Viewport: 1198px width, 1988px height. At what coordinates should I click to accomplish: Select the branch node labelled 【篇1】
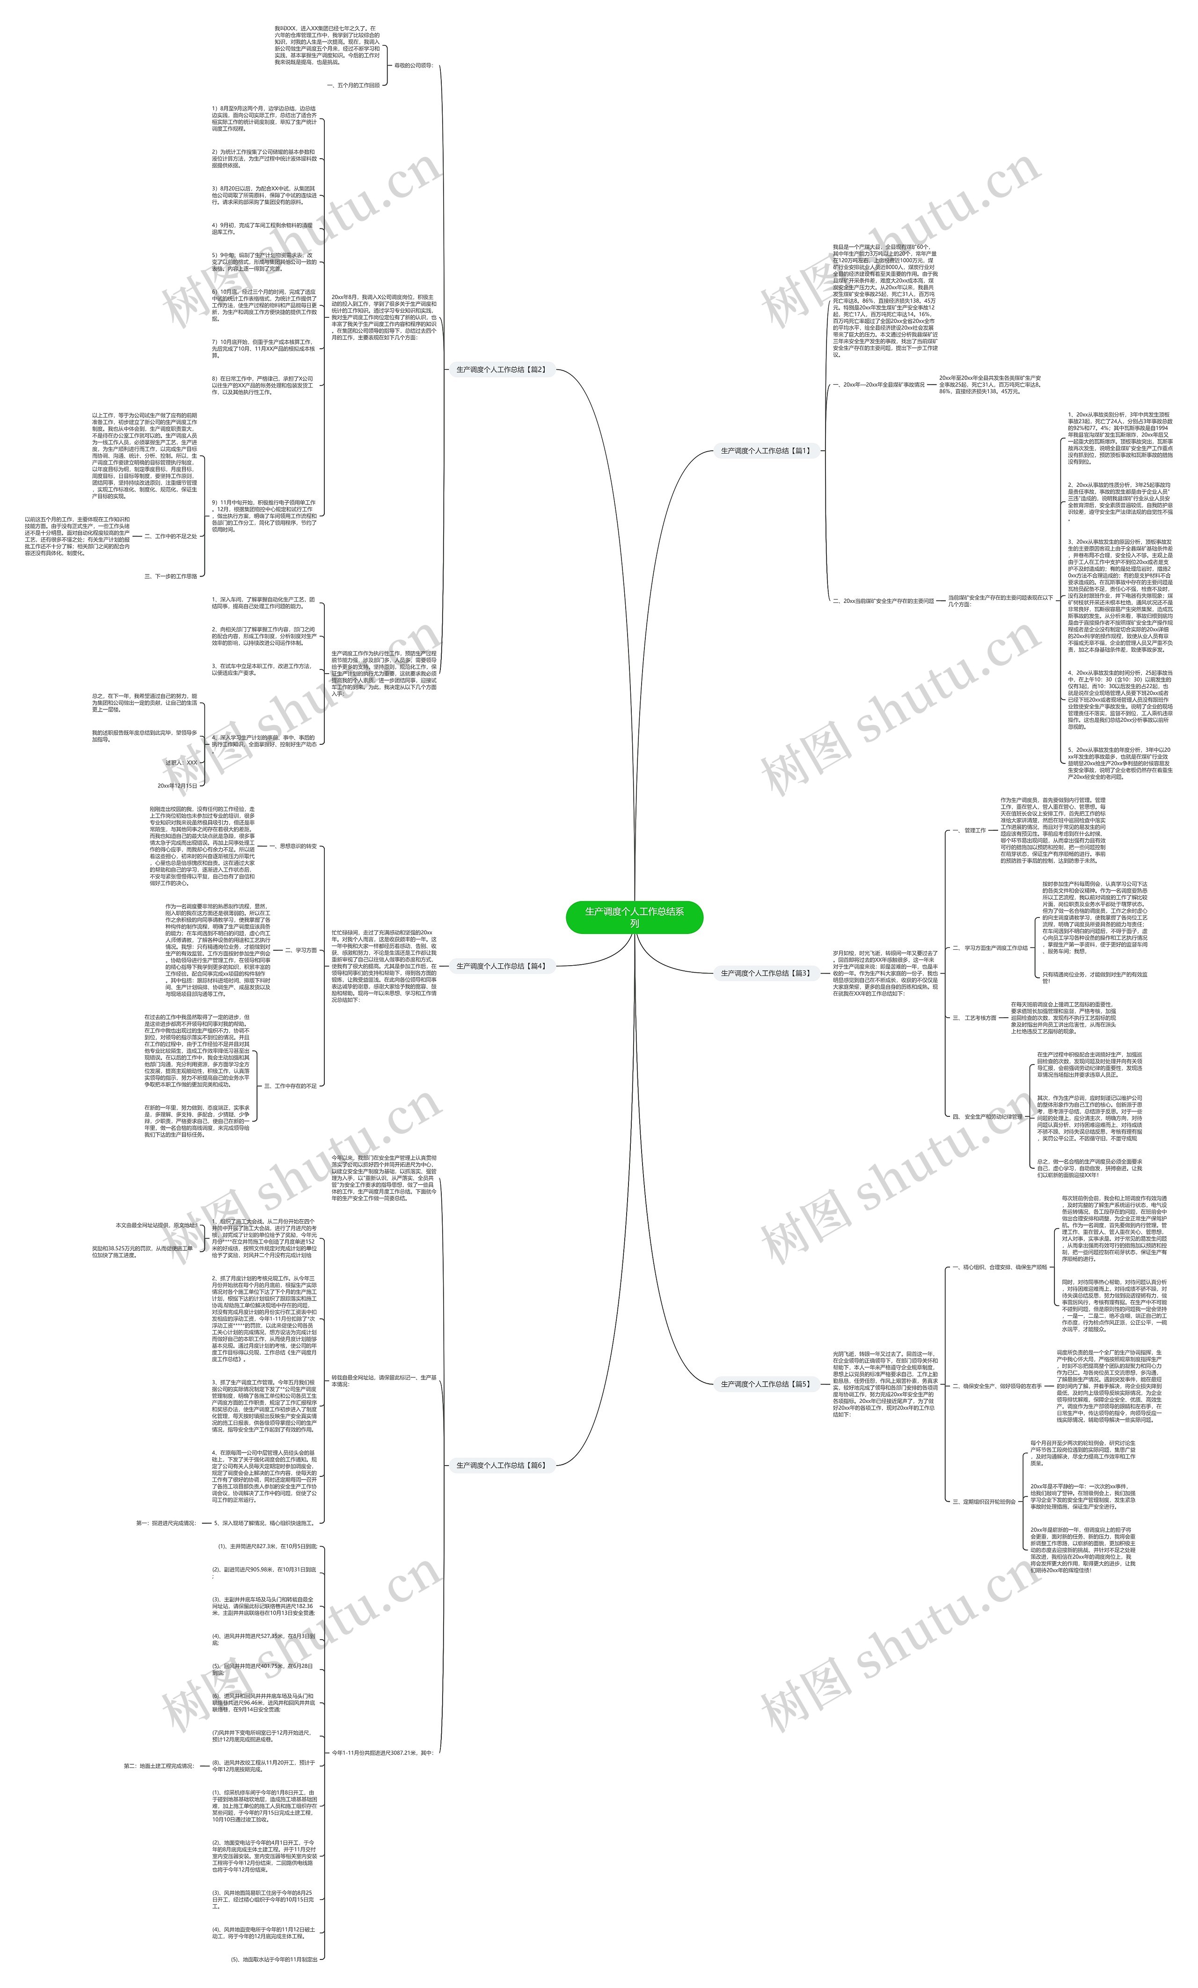pyautogui.click(x=765, y=451)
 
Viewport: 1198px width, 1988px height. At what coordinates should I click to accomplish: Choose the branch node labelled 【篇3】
pyautogui.click(x=765, y=973)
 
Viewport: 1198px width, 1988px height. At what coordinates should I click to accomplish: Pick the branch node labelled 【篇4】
pyautogui.click(x=501, y=966)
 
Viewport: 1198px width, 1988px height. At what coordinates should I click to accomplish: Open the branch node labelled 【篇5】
pyautogui.click(x=765, y=1384)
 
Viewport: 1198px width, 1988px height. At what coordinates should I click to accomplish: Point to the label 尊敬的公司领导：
pyautogui.click(x=413, y=66)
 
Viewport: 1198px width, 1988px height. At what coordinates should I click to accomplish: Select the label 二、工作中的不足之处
pyautogui.click(x=170, y=536)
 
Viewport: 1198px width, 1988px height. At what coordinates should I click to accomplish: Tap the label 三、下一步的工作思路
pyautogui.click(x=170, y=576)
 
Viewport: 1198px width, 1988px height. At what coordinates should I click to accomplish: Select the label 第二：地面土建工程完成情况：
pyautogui.click(x=159, y=1765)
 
